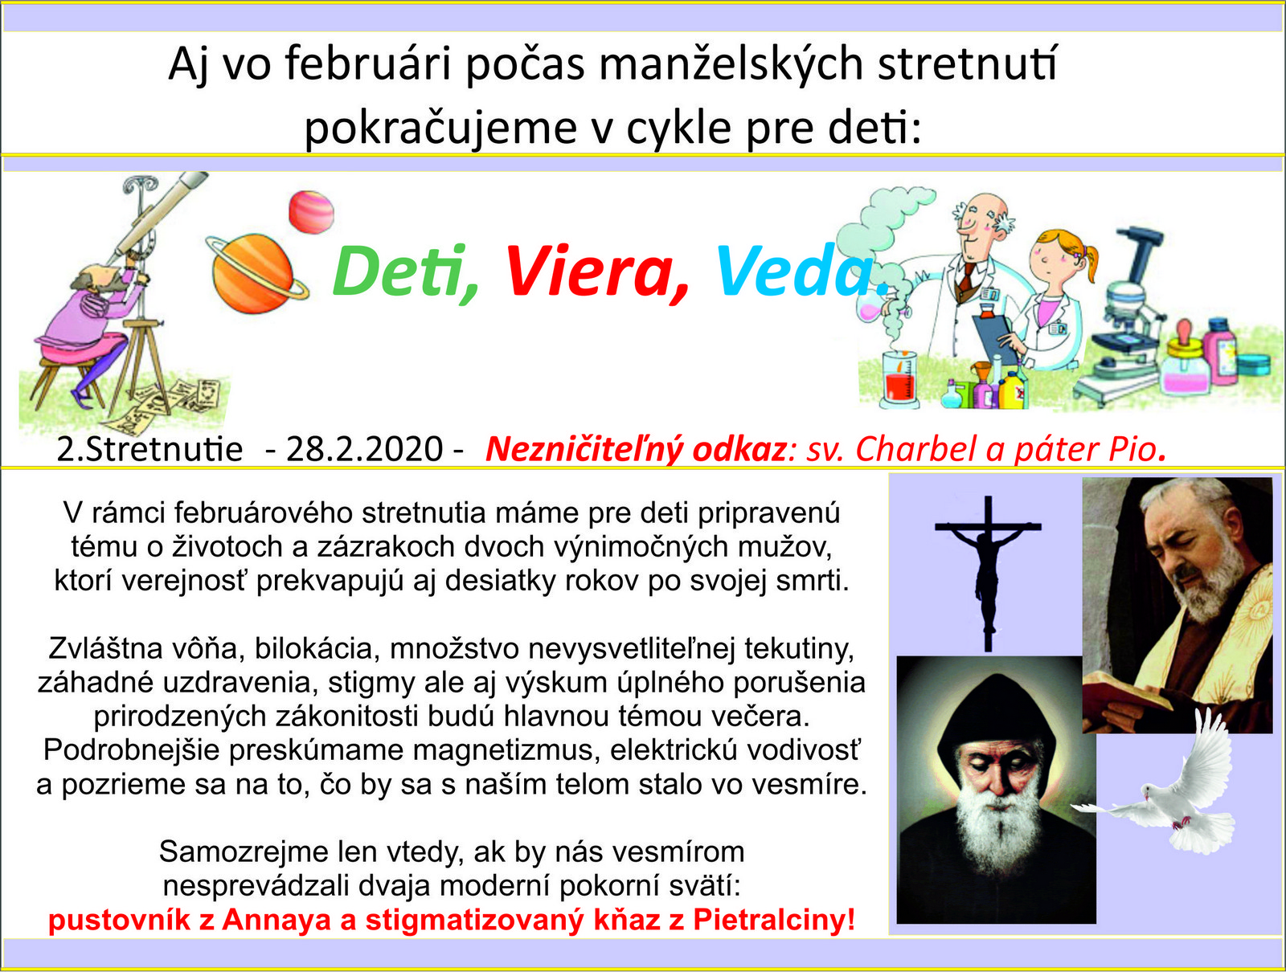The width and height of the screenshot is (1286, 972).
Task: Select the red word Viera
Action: coord(596,272)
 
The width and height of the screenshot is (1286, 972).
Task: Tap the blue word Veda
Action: coord(800,271)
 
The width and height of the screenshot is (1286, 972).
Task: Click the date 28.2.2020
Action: coord(364,449)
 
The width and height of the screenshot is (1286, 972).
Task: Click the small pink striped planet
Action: coord(311,212)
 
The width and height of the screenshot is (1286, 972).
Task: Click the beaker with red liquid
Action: coord(899,379)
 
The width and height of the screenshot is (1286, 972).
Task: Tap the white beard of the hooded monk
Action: coord(995,819)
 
